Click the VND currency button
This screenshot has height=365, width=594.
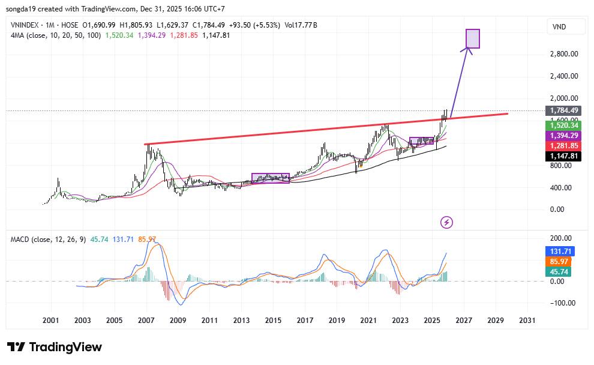pyautogui.click(x=559, y=27)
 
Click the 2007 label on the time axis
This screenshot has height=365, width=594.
pyautogui.click(x=146, y=321)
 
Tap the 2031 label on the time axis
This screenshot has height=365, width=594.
pyautogui.click(x=527, y=321)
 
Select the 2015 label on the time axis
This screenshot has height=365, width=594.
pyautogui.click(x=273, y=321)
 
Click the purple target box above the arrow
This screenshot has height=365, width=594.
pyautogui.click(x=473, y=38)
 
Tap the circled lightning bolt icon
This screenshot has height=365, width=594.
pyautogui.click(x=447, y=223)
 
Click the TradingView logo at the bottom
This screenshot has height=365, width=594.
pyautogui.click(x=55, y=347)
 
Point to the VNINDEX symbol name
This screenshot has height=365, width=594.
pyautogui.click(x=28, y=25)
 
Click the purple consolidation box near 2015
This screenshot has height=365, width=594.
pyautogui.click(x=271, y=178)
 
